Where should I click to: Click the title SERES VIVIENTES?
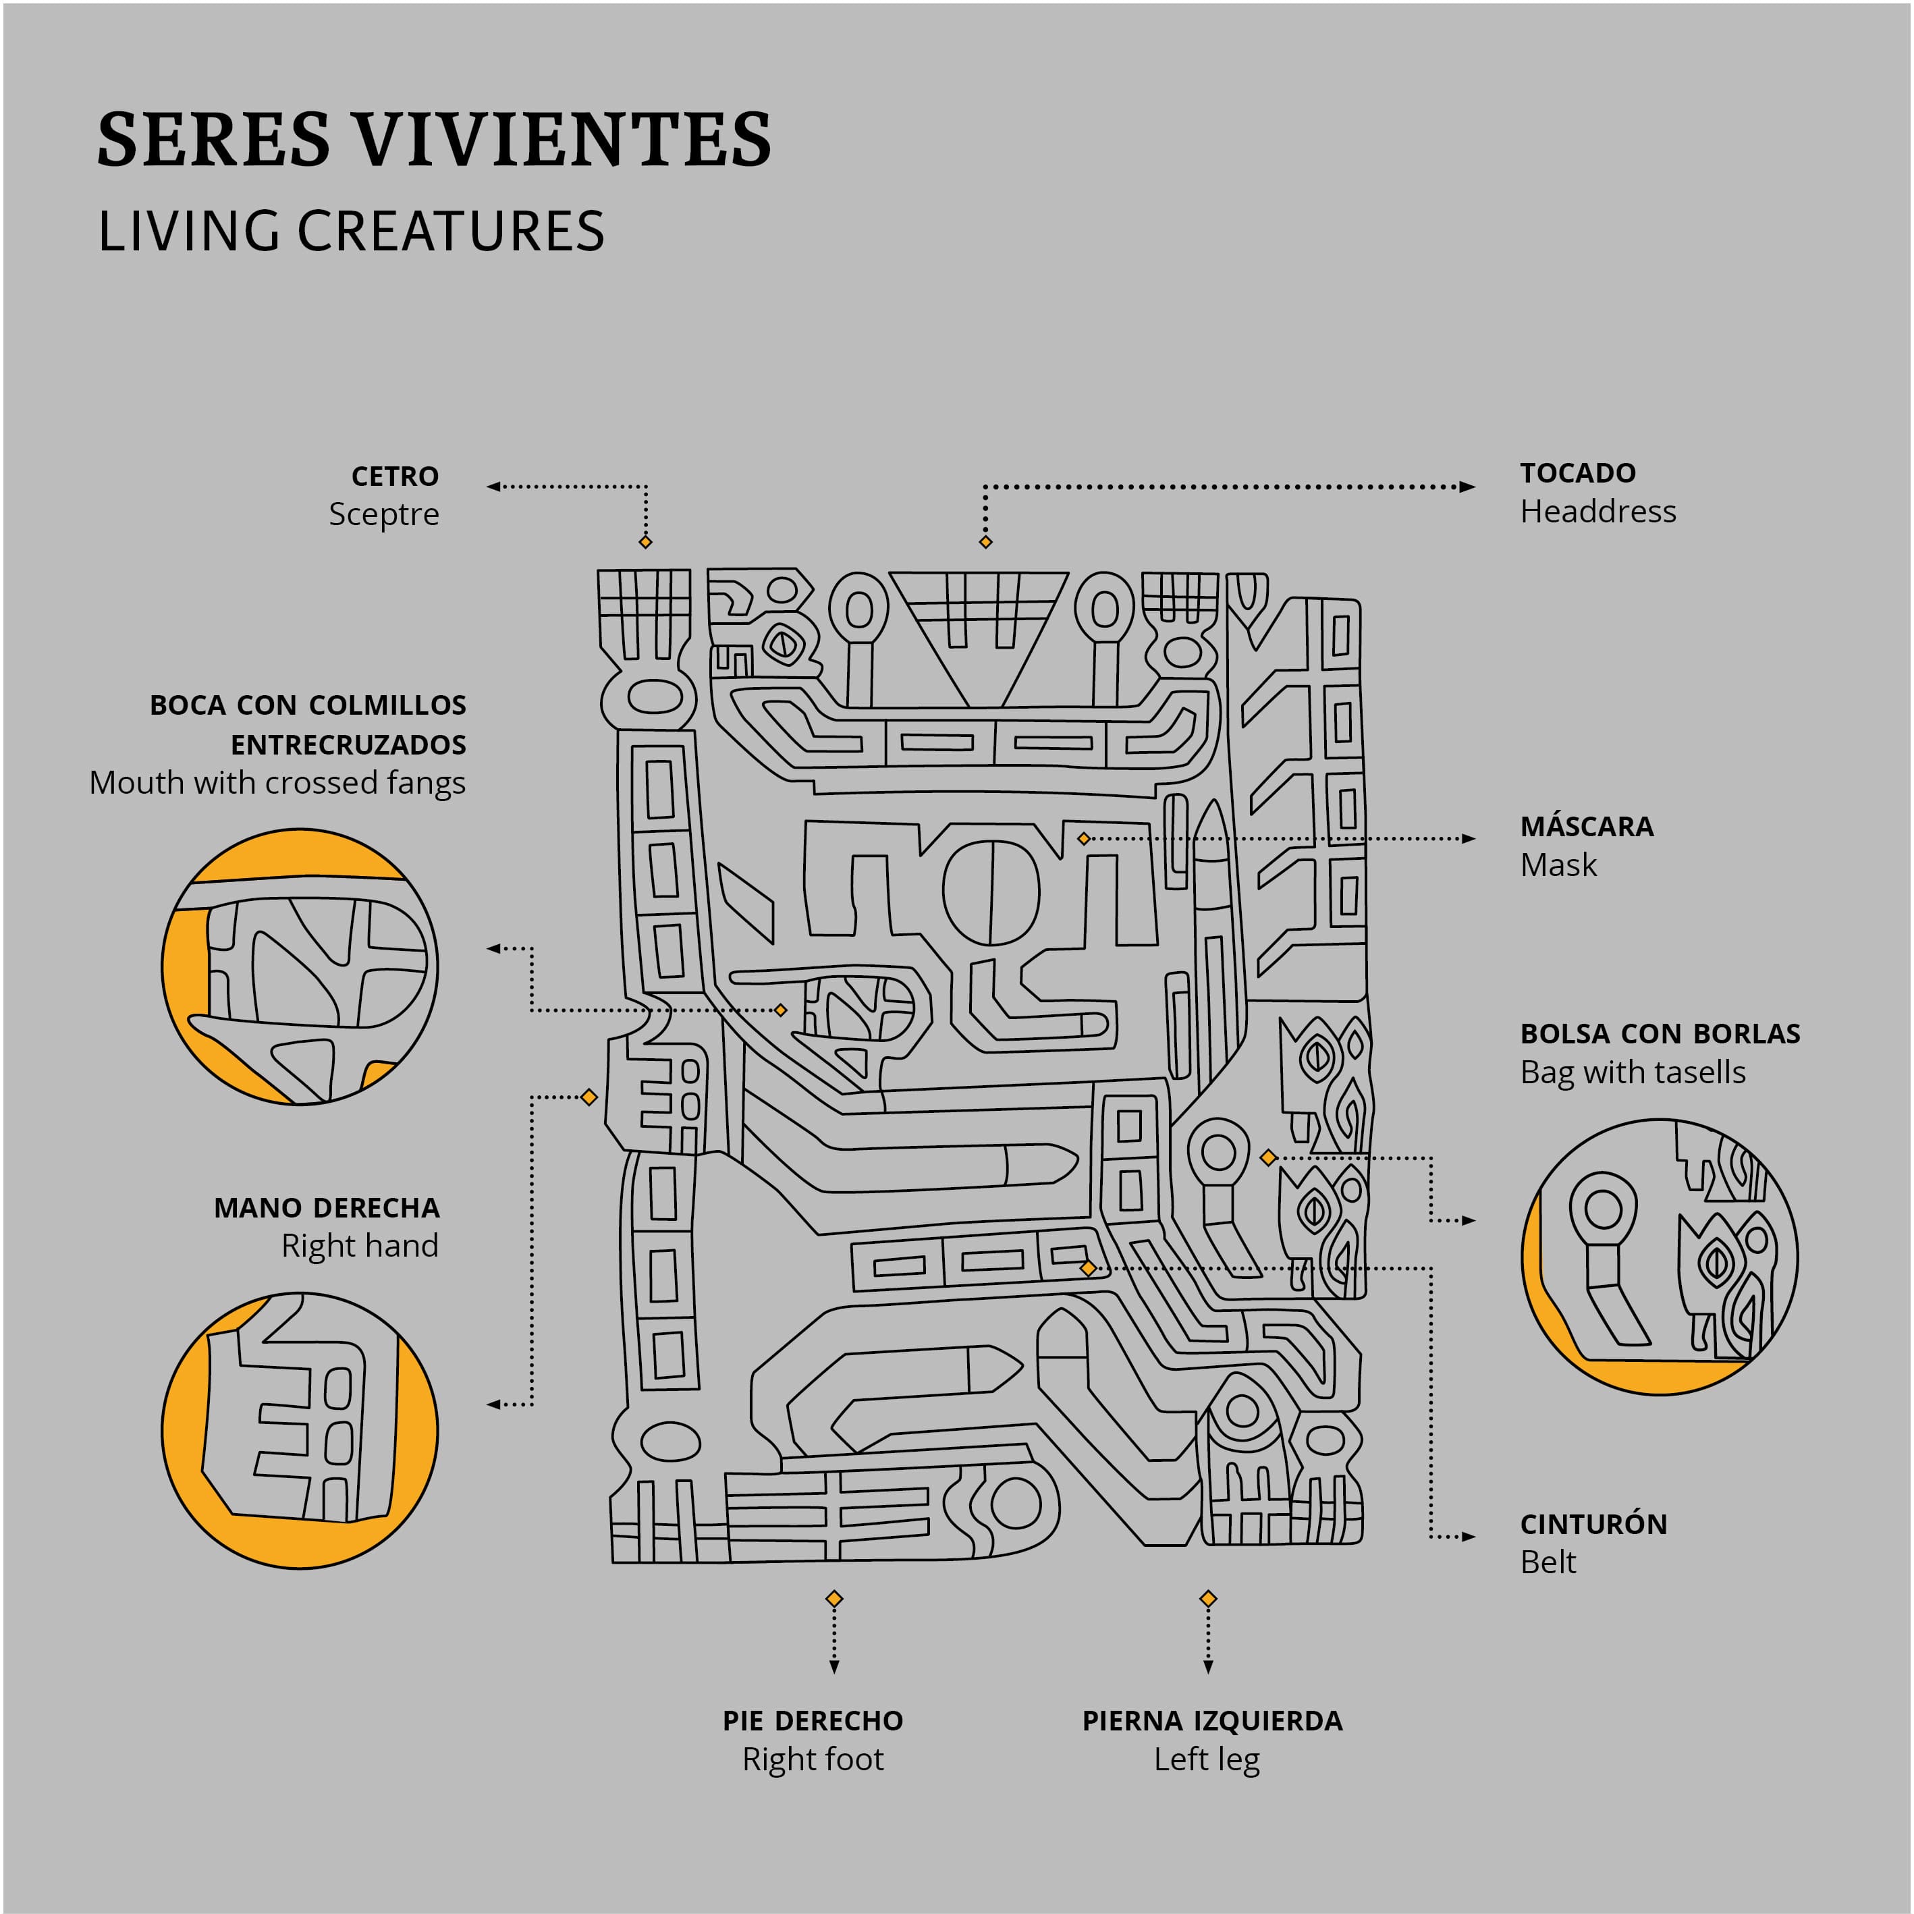point(434,139)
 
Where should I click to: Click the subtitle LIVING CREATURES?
point(351,231)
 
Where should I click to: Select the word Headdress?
point(1598,512)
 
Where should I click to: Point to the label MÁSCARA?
point(1587,825)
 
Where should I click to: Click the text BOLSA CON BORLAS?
point(1660,1033)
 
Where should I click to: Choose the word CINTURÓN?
point(1594,1524)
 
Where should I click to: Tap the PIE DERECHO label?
point(813,1721)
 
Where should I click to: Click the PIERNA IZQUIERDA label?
point(1213,1721)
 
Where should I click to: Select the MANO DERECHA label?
point(327,1207)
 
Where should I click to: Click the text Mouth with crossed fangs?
point(277,783)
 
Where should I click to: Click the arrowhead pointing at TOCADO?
point(1468,487)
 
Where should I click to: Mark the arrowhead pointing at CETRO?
point(493,487)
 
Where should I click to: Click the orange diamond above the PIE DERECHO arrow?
point(834,1599)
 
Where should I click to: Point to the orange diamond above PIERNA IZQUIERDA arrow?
point(1207,1599)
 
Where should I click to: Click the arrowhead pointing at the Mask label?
point(1468,838)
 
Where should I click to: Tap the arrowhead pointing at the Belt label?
point(1468,1537)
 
